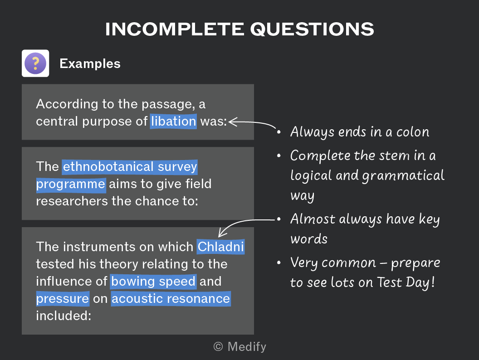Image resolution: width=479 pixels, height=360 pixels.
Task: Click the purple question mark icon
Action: click(35, 63)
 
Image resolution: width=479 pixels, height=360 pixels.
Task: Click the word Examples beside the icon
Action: click(90, 63)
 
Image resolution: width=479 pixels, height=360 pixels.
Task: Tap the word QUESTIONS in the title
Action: click(312, 29)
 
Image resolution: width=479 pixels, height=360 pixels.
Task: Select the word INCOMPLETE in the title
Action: click(175, 29)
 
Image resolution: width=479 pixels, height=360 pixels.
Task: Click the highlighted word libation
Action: click(174, 121)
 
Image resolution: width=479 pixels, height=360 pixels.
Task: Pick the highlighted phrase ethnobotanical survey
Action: click(130, 167)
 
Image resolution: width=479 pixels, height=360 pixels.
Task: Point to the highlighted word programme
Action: click(71, 184)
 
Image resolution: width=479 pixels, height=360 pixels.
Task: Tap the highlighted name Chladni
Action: click(220, 247)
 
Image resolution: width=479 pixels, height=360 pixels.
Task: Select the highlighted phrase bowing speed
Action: click(153, 281)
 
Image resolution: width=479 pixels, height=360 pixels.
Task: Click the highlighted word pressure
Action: click(63, 299)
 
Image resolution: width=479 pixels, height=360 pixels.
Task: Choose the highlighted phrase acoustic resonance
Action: click(171, 299)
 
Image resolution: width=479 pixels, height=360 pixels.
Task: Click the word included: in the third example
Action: click(64, 316)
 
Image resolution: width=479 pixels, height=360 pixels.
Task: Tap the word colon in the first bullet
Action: click(413, 132)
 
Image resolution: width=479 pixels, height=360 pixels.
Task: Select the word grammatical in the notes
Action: click(403, 176)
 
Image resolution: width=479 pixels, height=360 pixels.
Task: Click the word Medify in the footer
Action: click(247, 347)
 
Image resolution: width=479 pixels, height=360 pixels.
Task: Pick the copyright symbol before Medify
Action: click(218, 346)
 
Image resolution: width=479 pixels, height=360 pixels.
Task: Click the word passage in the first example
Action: click(168, 104)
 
